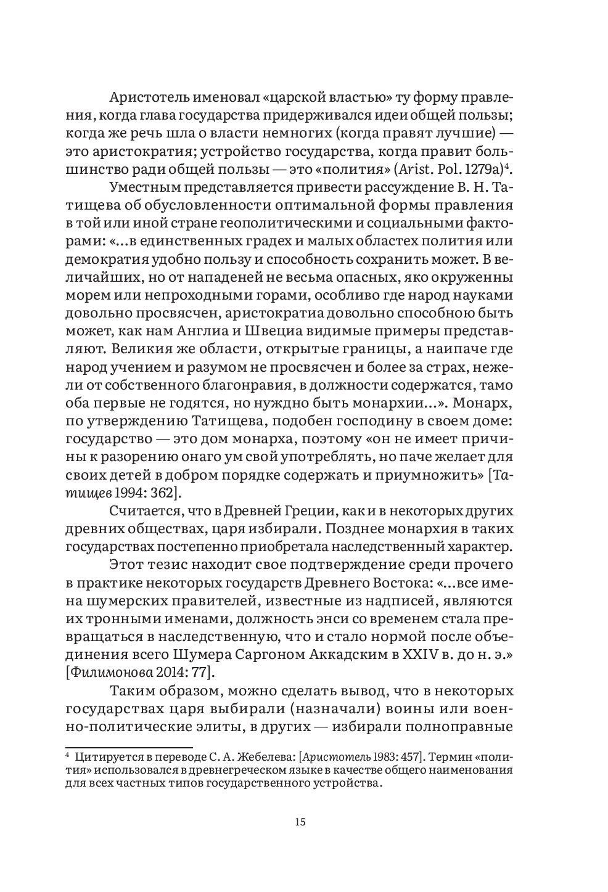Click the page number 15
click(300, 822)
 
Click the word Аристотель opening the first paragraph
click(149, 98)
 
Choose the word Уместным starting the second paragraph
click(147, 187)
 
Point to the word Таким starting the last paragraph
click(131, 689)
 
